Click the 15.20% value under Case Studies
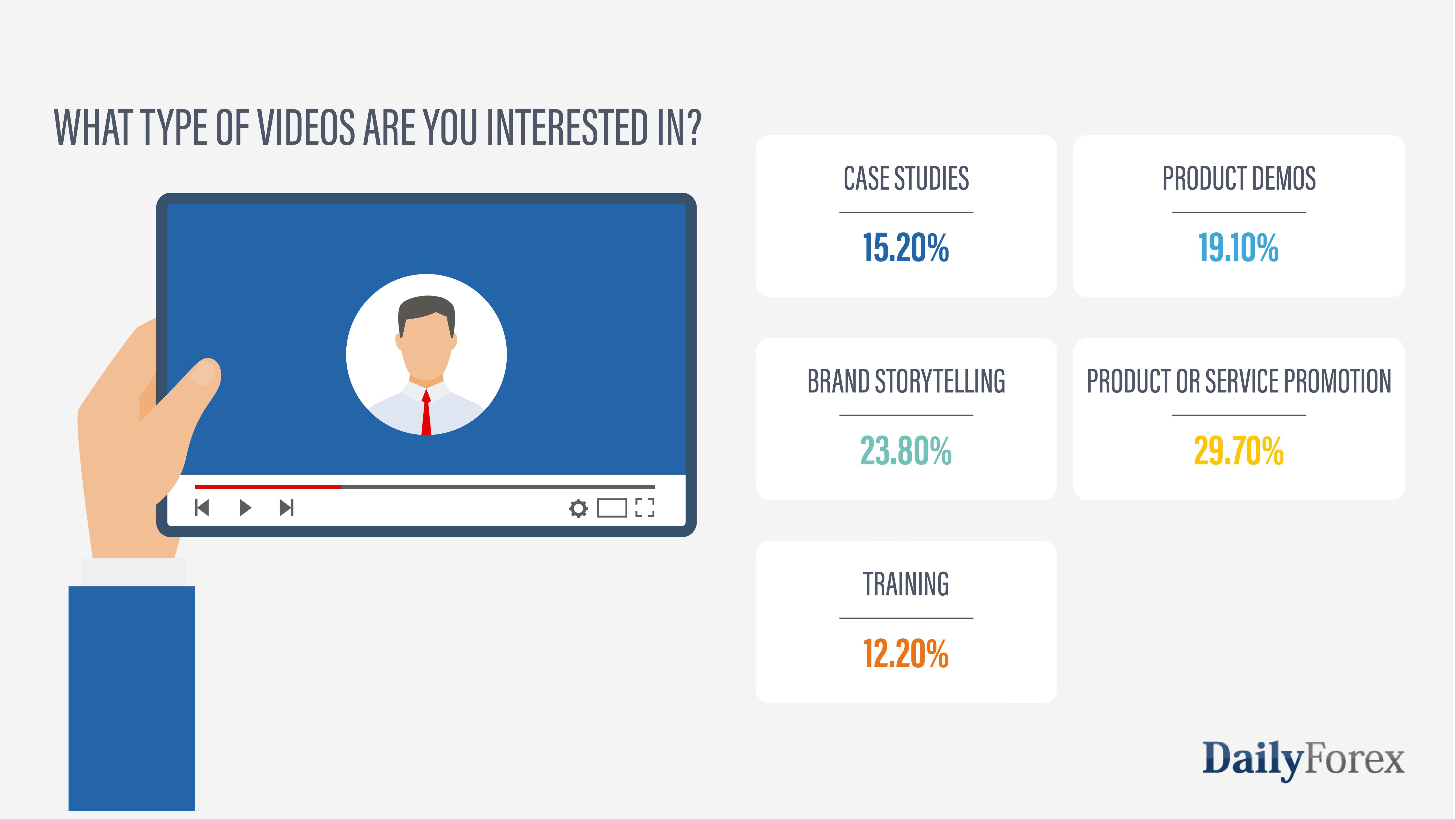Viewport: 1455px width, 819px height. point(906,248)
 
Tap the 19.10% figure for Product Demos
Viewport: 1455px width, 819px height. point(1239,248)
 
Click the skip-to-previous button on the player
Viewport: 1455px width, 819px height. point(202,508)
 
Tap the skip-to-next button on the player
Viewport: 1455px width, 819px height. point(286,508)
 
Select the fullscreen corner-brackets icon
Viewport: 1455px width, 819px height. point(644,508)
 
